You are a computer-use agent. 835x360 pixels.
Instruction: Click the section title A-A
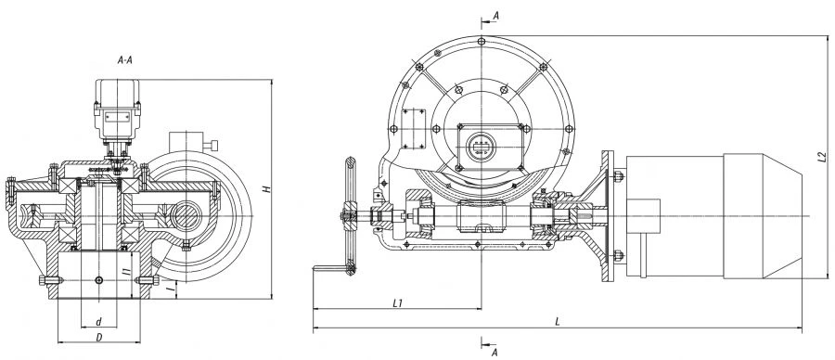[x=127, y=58]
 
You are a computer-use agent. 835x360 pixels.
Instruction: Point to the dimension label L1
[x=396, y=302]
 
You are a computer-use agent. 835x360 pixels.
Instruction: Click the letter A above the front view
[x=496, y=16]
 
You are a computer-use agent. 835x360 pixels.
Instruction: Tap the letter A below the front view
[x=495, y=353]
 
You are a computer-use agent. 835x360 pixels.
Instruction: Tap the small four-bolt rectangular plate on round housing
[x=414, y=123]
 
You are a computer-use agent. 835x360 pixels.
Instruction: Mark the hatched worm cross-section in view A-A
[x=180, y=217]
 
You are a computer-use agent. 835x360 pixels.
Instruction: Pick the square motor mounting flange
[x=609, y=218]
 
